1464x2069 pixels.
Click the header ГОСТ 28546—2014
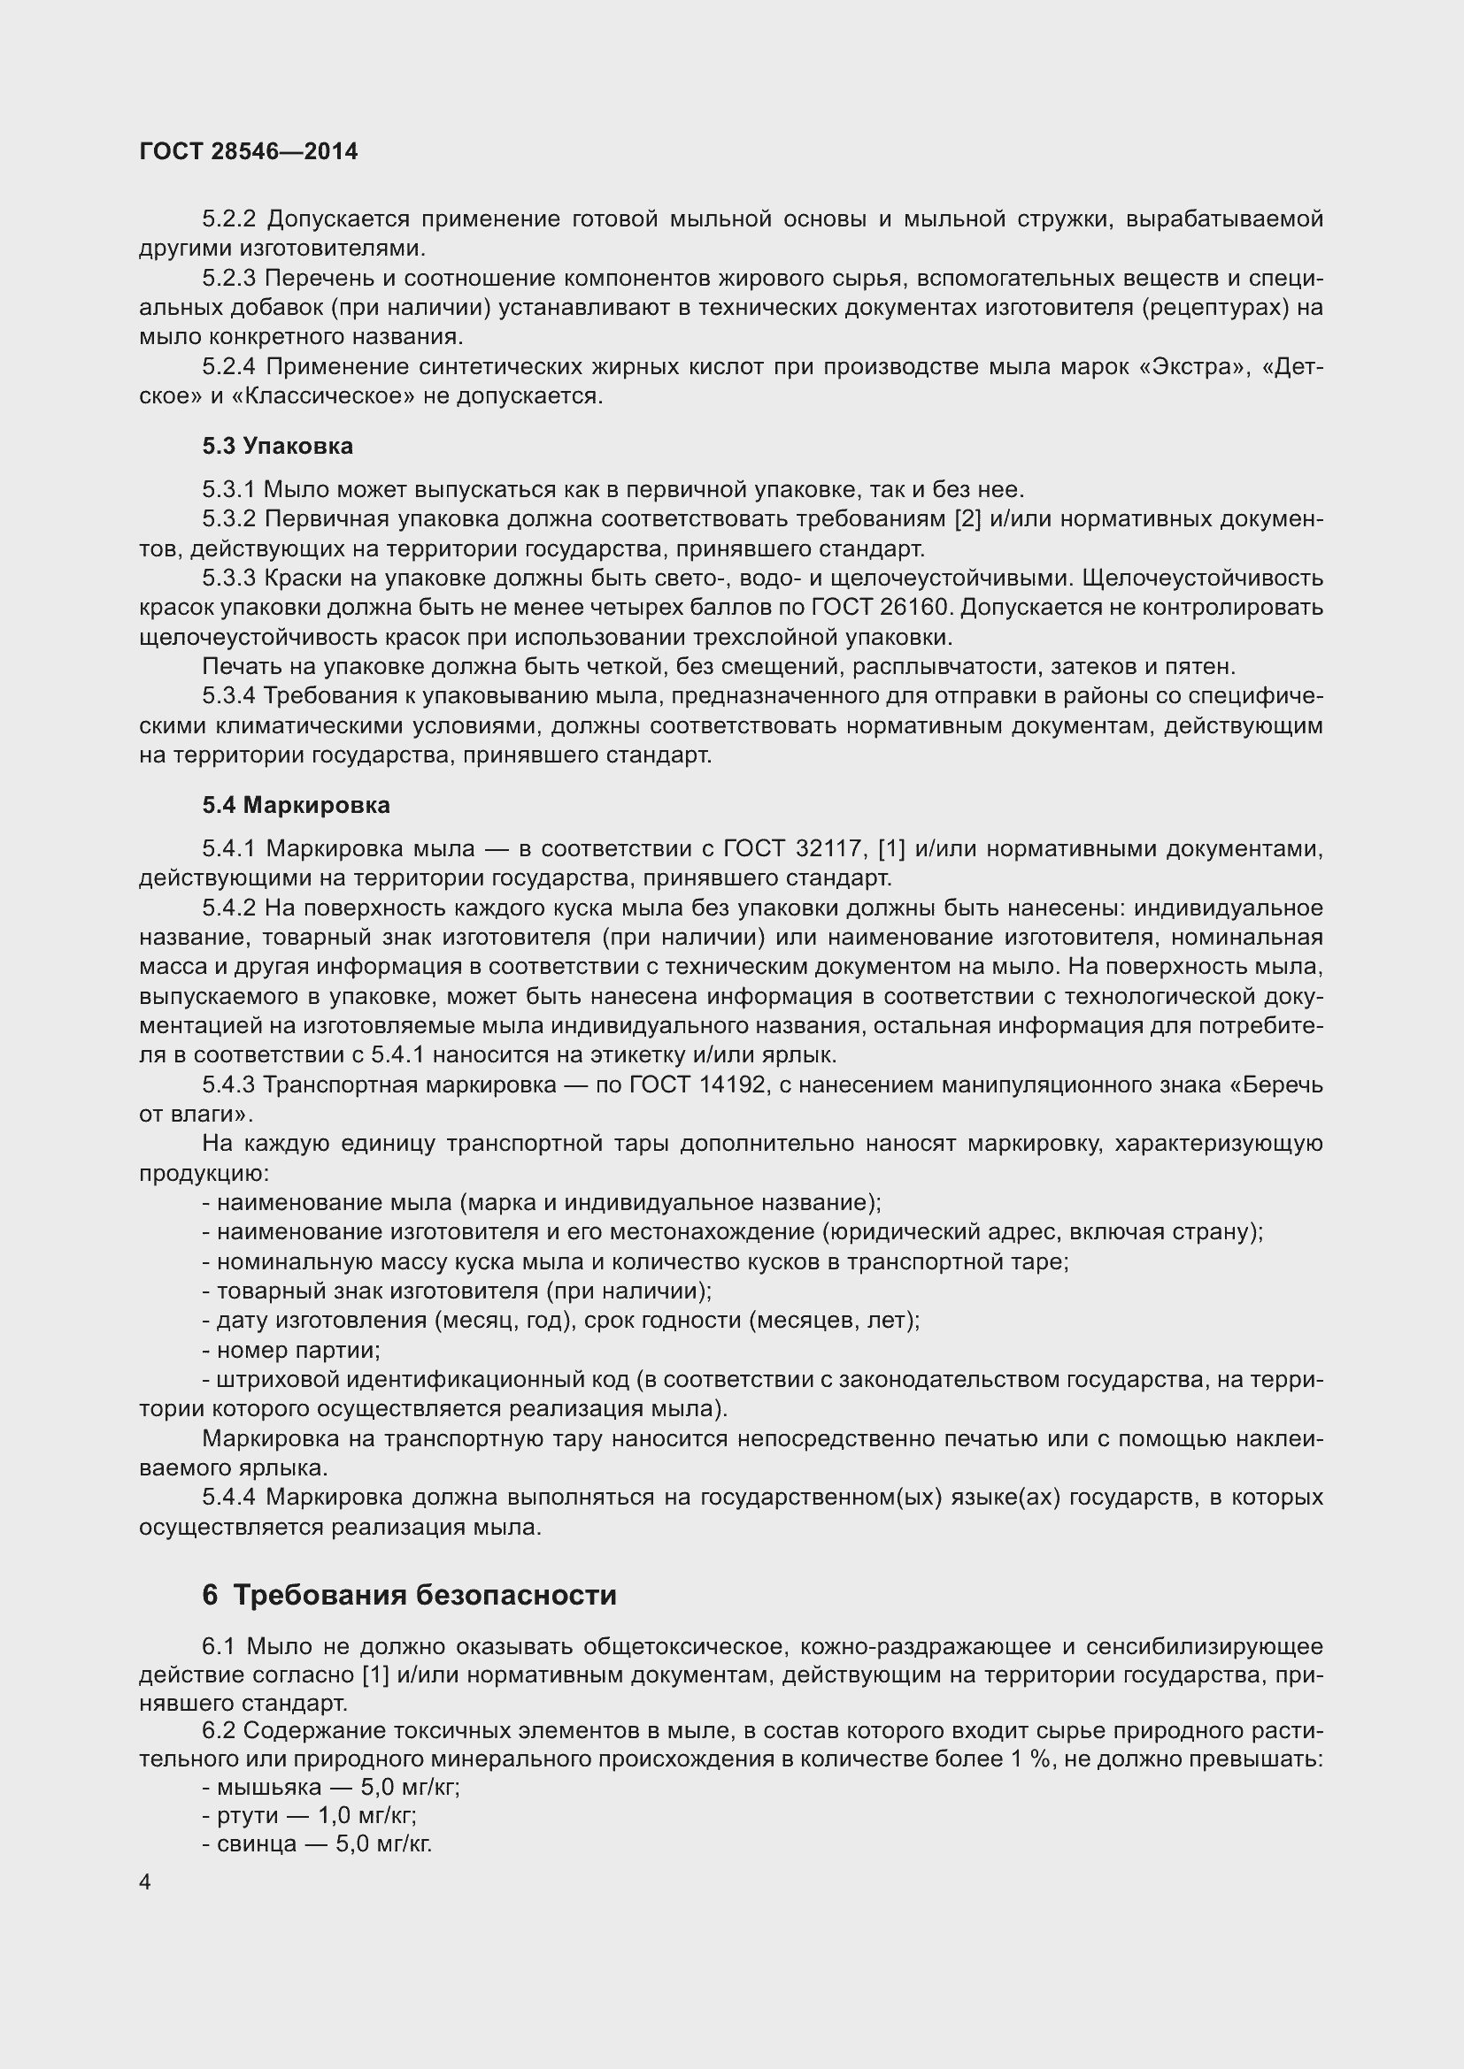point(249,151)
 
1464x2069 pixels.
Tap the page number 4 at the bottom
point(145,1882)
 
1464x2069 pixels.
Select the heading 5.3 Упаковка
point(278,446)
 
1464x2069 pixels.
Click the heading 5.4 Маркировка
point(296,805)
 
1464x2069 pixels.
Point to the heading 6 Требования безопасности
point(409,1595)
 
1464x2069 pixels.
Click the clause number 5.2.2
point(229,219)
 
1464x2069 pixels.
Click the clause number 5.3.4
point(229,695)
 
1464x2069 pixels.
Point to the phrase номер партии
point(298,1350)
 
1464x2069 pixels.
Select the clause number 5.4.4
point(229,1497)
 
